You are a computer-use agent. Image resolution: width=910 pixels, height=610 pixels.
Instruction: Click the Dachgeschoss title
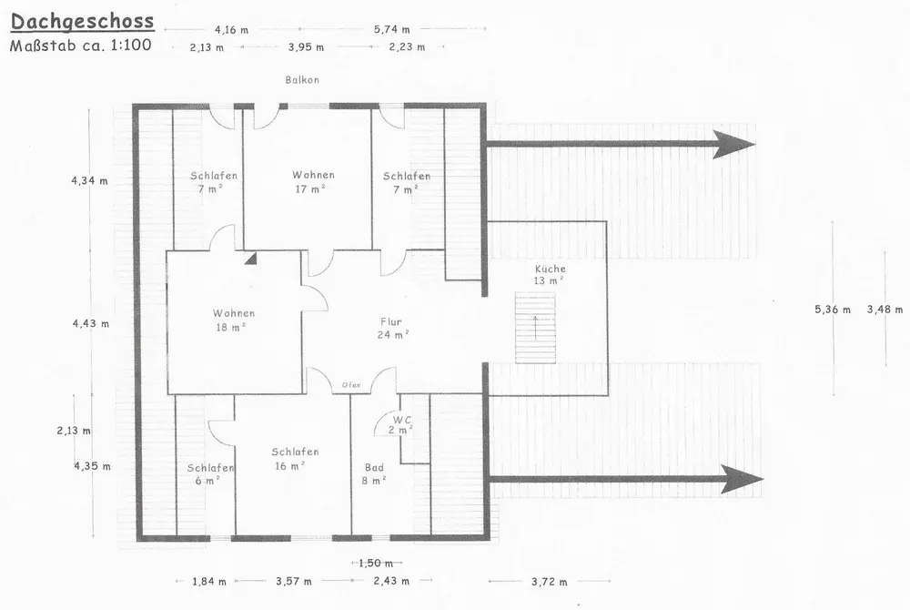82,20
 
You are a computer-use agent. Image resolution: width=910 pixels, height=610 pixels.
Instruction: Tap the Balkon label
300,80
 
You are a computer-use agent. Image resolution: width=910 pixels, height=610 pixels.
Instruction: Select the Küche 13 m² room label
550,275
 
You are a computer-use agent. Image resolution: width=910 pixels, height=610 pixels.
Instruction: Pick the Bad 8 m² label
373,473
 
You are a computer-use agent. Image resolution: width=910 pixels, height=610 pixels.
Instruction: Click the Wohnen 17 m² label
313,182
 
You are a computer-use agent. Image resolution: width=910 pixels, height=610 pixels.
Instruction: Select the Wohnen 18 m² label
234,320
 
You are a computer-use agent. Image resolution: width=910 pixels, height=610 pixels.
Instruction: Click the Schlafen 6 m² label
210,473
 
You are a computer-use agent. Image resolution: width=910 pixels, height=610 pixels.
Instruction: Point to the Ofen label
351,385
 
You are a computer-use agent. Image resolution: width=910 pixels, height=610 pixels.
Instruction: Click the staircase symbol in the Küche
535,328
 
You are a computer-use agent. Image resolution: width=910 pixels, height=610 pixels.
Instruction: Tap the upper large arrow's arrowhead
733,143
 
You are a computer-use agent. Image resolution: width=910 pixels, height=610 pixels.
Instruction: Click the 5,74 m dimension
391,30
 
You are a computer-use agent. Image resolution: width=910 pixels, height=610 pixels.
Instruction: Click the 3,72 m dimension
549,581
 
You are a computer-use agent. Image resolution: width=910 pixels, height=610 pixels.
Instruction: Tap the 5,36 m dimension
832,310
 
